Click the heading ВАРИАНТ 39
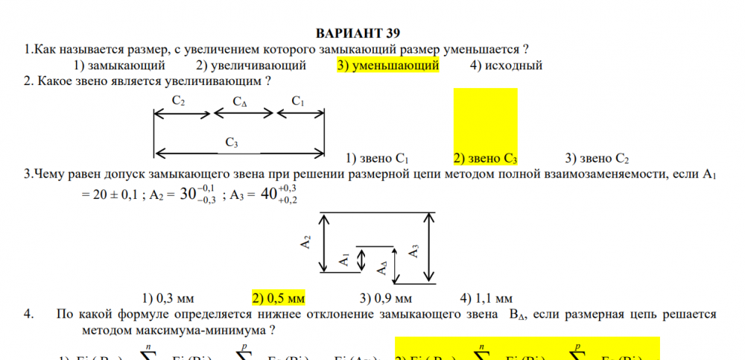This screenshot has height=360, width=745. (x=358, y=34)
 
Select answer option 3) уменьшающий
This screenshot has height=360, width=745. (x=387, y=66)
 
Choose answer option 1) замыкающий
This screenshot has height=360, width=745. (x=119, y=66)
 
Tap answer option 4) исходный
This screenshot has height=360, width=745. (x=506, y=66)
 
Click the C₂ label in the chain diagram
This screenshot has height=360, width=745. (x=179, y=100)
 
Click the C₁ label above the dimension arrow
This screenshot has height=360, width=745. (x=298, y=100)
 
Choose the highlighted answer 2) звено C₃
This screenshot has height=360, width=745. (x=485, y=158)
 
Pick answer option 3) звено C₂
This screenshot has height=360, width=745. (x=597, y=158)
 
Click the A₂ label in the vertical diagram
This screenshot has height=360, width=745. (x=305, y=243)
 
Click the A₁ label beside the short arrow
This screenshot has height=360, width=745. (x=343, y=259)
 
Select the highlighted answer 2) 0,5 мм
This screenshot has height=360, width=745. (x=279, y=298)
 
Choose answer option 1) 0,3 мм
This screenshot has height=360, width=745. (x=168, y=298)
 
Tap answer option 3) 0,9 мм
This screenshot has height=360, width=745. (x=386, y=298)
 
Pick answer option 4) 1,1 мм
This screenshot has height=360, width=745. (x=486, y=298)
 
